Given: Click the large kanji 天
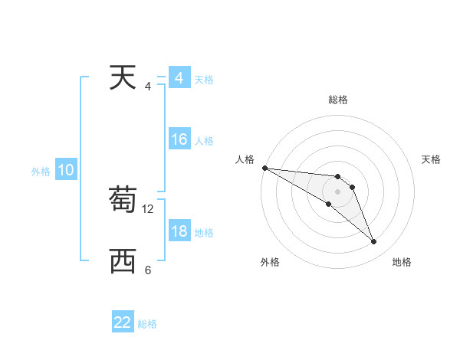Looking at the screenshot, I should [x=123, y=78].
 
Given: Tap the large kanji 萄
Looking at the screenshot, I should [x=123, y=201].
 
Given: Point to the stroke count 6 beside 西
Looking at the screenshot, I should [x=148, y=270].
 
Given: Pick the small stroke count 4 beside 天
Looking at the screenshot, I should [x=148, y=86].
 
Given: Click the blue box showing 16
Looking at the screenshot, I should [x=179, y=140].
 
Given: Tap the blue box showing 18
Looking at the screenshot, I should [x=179, y=232].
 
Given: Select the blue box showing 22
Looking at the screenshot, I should [x=123, y=322].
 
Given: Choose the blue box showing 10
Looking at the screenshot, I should [x=65, y=171].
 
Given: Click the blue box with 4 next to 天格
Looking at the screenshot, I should [x=179, y=79].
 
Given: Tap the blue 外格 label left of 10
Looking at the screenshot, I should [x=41, y=172].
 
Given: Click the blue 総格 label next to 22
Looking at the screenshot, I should [x=147, y=324].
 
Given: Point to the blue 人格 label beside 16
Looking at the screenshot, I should [x=204, y=141].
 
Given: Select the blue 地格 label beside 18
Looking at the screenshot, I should [x=204, y=233].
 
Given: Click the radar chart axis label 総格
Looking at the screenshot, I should [x=338, y=100].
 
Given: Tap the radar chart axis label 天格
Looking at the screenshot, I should [x=432, y=159].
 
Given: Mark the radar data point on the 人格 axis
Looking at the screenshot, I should [x=264, y=168].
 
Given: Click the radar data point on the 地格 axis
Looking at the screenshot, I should [x=374, y=242].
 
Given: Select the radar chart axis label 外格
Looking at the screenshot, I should [x=270, y=262].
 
